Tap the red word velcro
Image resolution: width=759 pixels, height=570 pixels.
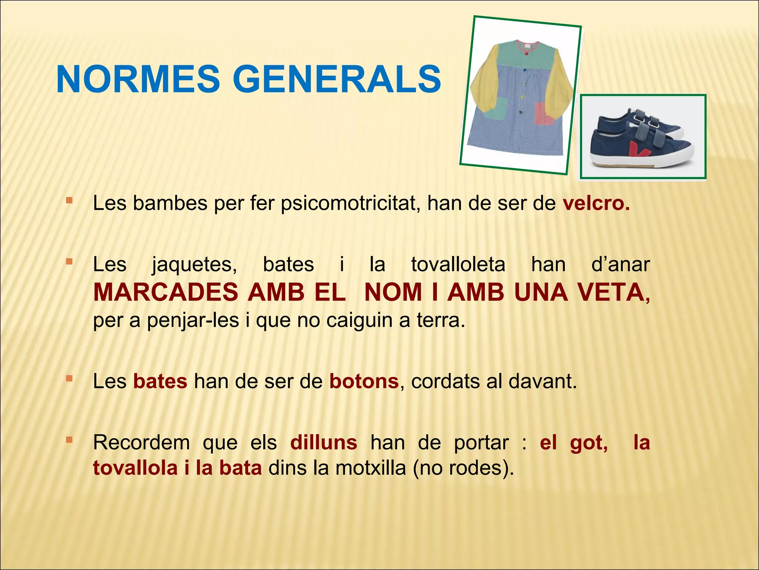596,203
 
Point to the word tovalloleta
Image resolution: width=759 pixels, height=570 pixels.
458,265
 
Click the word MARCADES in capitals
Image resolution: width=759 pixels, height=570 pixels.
166,292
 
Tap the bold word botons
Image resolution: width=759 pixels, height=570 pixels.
364,381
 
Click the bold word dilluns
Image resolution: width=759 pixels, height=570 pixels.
324,442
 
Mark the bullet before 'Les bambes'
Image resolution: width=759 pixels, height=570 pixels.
69,201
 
